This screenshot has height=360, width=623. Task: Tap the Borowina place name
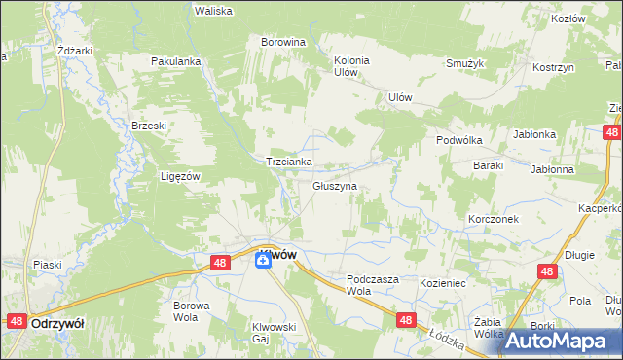pos(283,42)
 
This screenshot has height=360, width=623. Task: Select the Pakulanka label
pos(175,61)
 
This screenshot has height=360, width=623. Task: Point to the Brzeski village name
pos(150,126)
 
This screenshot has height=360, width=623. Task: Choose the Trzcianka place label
pos(289,162)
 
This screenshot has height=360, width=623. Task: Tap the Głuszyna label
pos(335,185)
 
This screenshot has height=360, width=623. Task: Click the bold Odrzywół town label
pos(55,321)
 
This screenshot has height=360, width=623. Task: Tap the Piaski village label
pos(48,265)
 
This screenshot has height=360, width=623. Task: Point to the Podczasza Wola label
pos(373,284)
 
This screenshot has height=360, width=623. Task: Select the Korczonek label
pos(493,219)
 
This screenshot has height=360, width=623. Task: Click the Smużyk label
pos(465,63)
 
